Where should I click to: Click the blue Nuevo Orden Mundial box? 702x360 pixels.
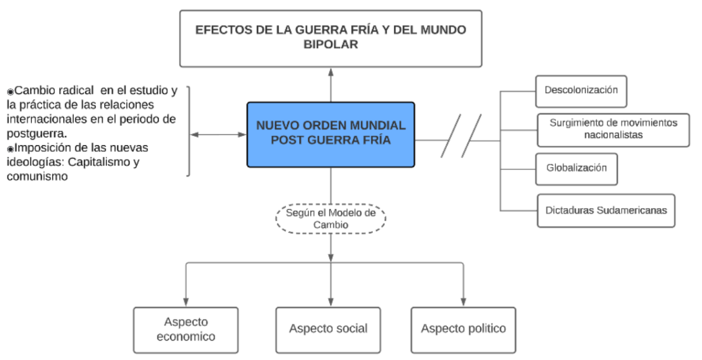(330, 134)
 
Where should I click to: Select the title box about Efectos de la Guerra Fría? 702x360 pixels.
(330, 38)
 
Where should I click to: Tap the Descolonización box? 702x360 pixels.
(581, 90)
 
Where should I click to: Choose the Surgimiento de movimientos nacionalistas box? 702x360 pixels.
(613, 129)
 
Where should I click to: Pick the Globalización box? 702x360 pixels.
(576, 168)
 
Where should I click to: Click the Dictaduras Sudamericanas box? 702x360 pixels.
(606, 210)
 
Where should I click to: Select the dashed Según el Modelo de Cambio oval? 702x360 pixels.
(330, 218)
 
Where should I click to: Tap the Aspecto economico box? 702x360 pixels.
(186, 329)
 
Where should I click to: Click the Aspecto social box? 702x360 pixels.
(328, 329)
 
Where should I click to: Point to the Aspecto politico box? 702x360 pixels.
(463, 329)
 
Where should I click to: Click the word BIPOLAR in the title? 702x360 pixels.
(330, 45)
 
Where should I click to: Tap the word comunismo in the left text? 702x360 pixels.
(37, 177)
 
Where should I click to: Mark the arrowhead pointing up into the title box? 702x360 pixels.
(330, 72)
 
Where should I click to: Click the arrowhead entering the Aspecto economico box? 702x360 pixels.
(186, 302)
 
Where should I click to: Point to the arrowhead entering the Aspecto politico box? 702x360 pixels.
(463, 302)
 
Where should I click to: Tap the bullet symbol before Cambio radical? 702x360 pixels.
(10, 92)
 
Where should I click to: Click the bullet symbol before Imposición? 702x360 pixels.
(10, 149)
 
